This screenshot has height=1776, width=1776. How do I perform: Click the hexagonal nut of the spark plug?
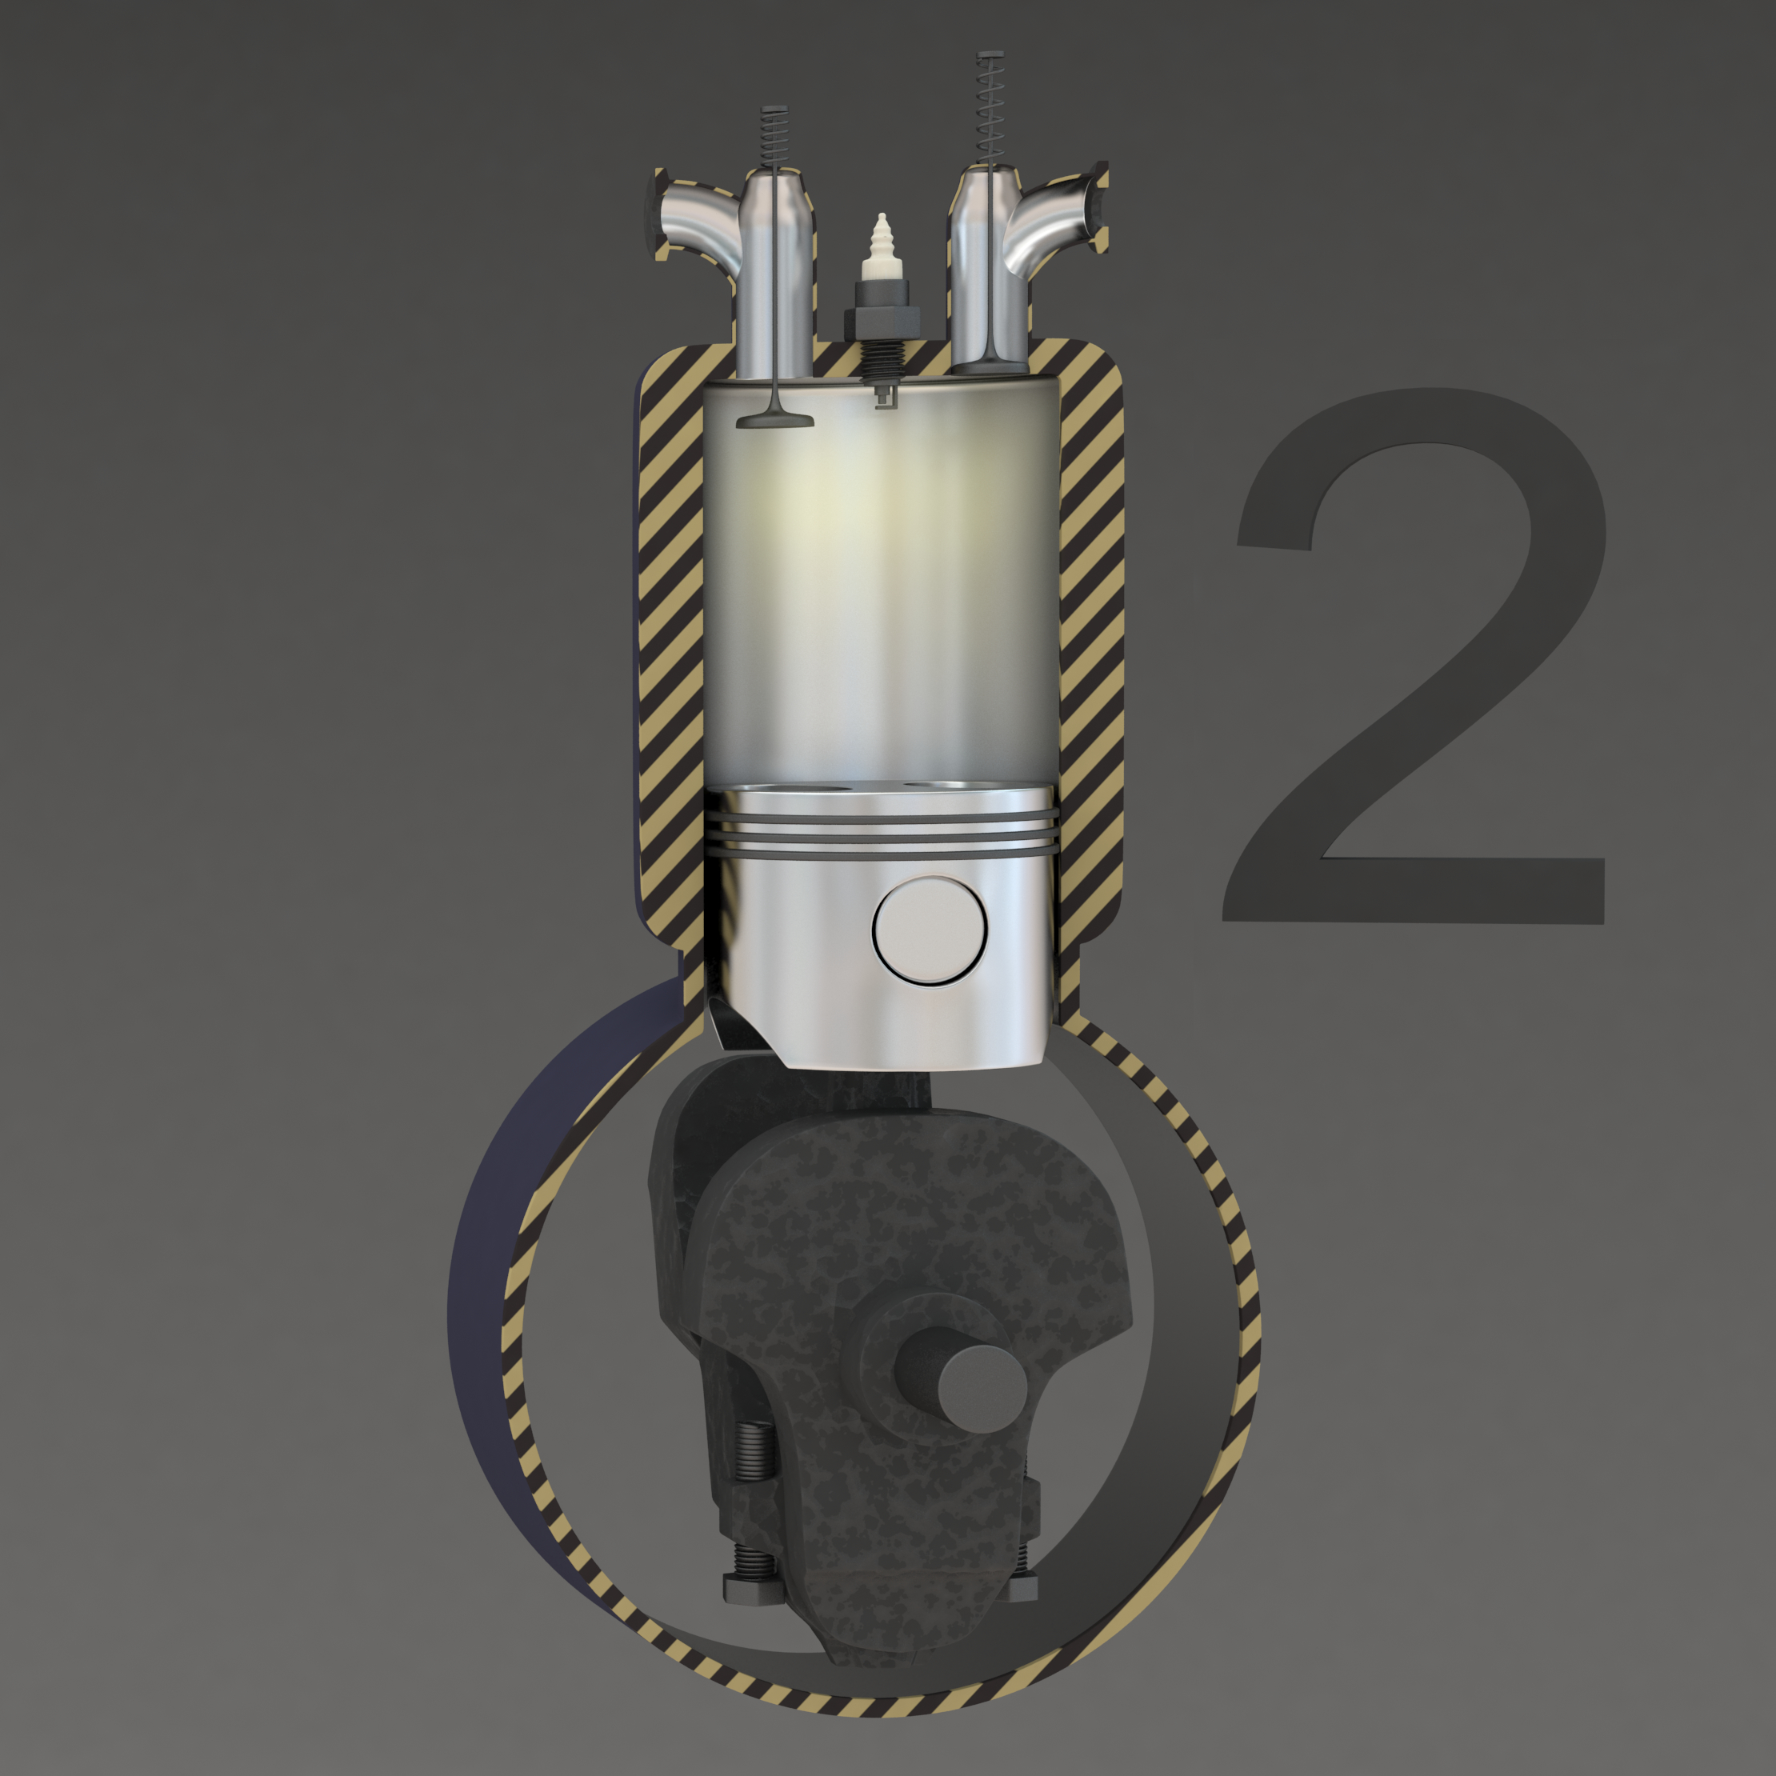click(x=882, y=321)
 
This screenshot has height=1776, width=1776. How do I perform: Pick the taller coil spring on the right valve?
click(x=990, y=110)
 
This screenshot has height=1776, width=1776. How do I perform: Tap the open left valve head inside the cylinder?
click(x=775, y=420)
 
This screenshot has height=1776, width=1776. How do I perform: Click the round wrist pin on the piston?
click(x=929, y=930)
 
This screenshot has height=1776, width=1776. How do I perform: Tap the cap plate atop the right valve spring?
click(x=990, y=57)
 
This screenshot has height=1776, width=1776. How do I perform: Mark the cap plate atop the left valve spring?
click(x=776, y=110)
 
